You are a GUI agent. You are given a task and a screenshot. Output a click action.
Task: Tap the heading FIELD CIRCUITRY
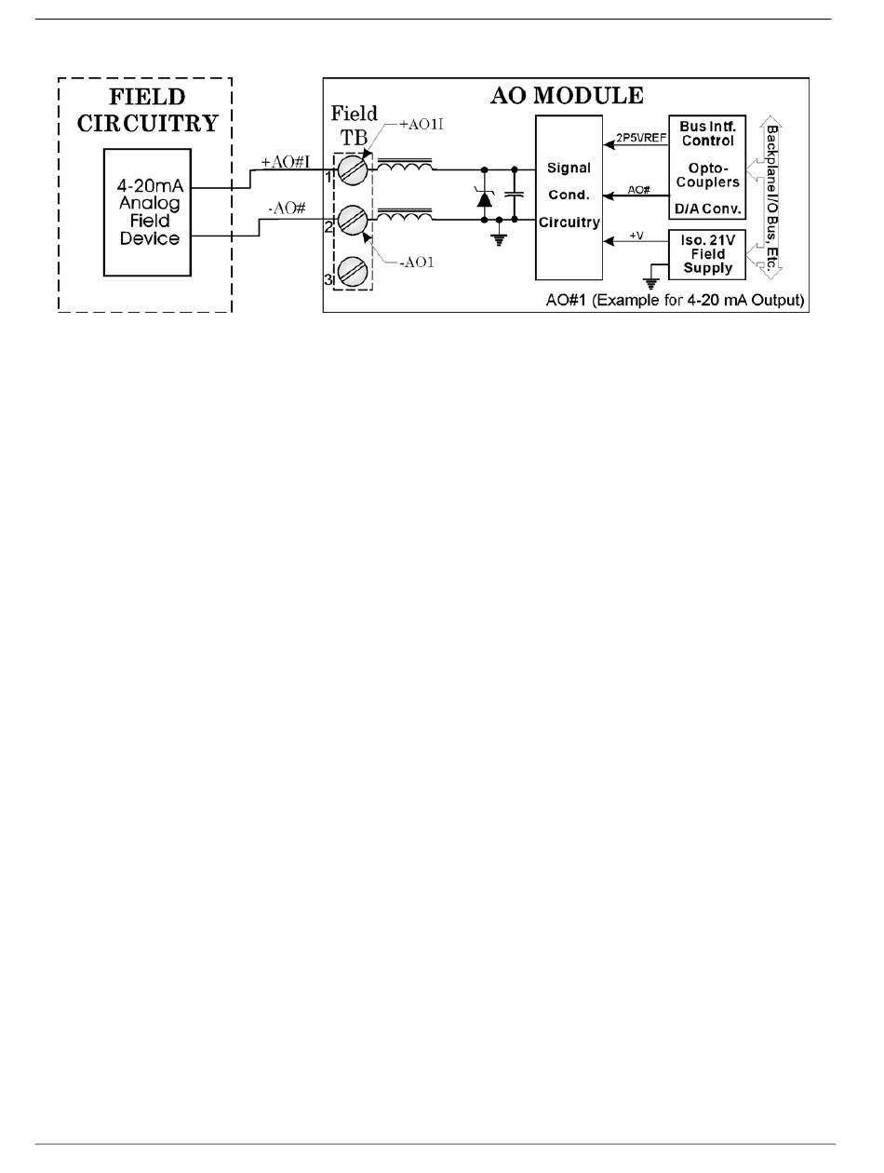[145, 111]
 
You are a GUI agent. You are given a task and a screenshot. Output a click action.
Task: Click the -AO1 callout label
[416, 262]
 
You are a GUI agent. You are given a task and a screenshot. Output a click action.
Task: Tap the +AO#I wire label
[285, 162]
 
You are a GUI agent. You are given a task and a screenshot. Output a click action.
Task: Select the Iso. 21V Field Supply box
[708, 253]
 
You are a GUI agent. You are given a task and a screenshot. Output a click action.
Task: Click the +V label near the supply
[636, 236]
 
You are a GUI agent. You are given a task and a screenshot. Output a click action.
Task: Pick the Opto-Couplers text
[708, 176]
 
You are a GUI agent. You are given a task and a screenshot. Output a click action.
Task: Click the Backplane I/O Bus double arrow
[770, 195]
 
